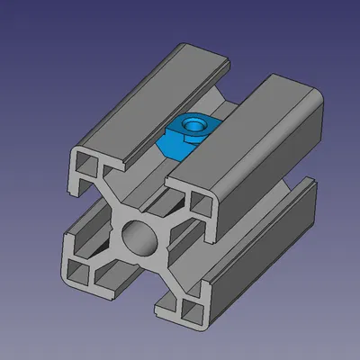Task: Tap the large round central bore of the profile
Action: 140,240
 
